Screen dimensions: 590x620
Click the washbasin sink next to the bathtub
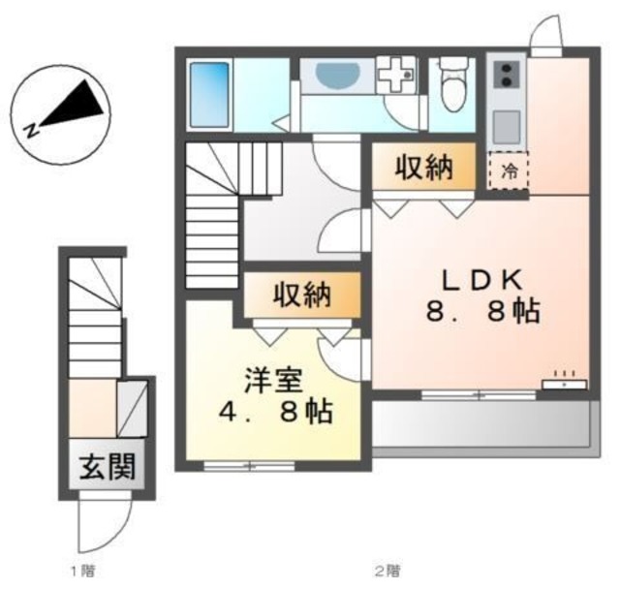tap(334, 75)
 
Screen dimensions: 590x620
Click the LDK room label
tap(482, 280)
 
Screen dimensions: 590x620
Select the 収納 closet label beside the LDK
tap(423, 169)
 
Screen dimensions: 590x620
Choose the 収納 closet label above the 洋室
tap(301, 295)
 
